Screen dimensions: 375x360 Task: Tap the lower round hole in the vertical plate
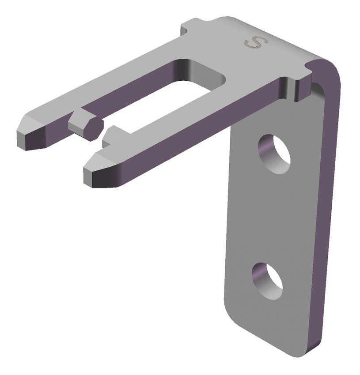tap(268, 280)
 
